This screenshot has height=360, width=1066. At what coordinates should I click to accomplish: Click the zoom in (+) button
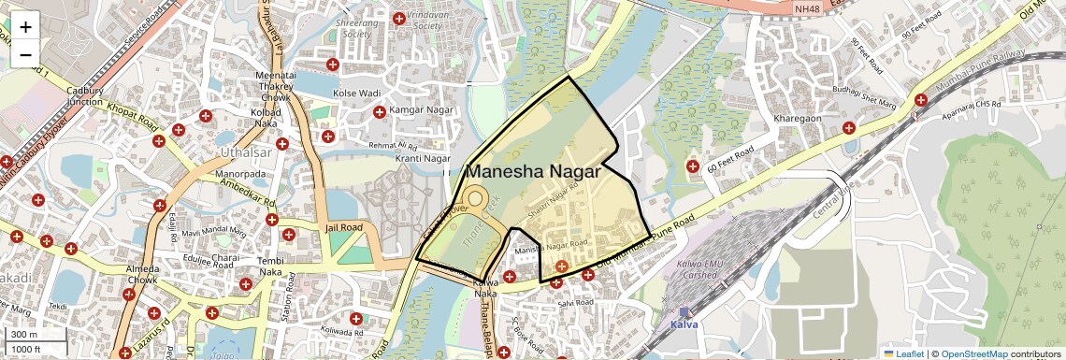click(25, 26)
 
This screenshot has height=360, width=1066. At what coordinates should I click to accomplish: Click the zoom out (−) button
click(25, 54)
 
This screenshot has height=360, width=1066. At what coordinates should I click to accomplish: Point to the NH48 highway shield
click(806, 8)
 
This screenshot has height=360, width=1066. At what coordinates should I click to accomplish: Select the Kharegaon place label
click(798, 119)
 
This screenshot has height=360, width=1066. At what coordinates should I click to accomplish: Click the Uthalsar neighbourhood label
click(242, 151)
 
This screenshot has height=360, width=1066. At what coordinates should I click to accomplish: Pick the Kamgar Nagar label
click(420, 111)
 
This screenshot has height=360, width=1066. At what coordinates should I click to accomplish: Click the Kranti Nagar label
click(423, 159)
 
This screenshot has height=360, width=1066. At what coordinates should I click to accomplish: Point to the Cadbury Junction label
click(84, 96)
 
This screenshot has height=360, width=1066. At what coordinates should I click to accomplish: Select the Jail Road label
click(343, 227)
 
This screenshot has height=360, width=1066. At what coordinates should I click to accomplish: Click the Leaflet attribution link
click(902, 353)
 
